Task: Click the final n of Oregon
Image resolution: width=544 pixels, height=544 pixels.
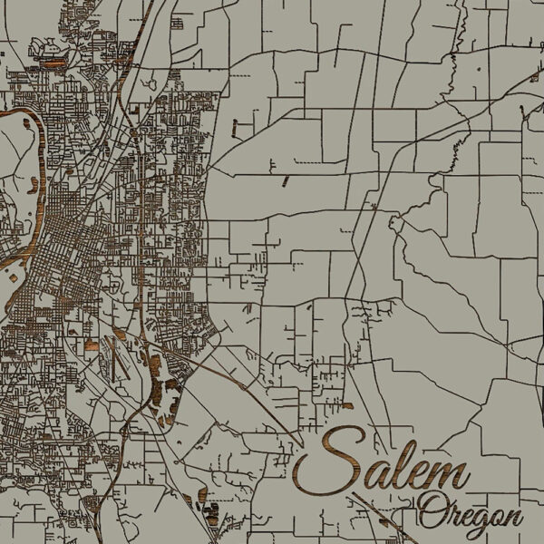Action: [513, 517]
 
